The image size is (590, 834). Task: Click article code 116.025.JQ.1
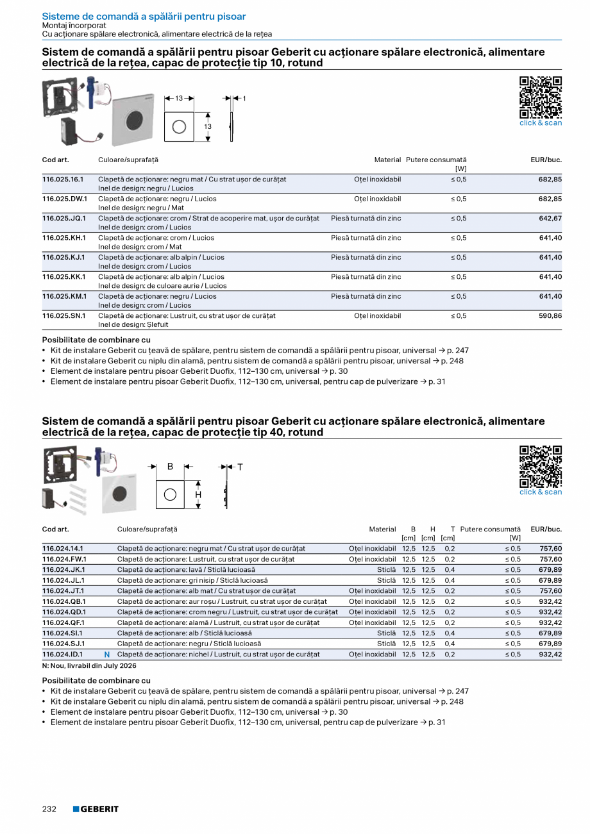64,219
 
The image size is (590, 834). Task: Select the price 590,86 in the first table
550,316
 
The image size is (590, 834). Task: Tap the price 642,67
550,219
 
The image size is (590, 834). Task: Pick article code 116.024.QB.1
64,602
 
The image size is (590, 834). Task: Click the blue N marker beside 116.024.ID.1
107,655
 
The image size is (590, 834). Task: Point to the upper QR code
540,97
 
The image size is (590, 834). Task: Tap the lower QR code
540,466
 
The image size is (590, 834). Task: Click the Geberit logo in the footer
96,809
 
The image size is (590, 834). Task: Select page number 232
49,809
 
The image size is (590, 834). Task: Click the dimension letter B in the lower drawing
170,467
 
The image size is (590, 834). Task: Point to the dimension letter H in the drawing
198,495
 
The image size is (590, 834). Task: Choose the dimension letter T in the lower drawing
240,467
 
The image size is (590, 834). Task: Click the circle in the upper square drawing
179,126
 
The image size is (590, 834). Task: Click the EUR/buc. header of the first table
546,160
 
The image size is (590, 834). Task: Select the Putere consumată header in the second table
491,530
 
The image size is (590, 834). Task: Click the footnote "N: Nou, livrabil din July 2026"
89,666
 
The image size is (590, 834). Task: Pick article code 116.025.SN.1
64,316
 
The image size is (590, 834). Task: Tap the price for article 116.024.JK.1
550,570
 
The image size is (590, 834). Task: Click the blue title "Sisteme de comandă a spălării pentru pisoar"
144,17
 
